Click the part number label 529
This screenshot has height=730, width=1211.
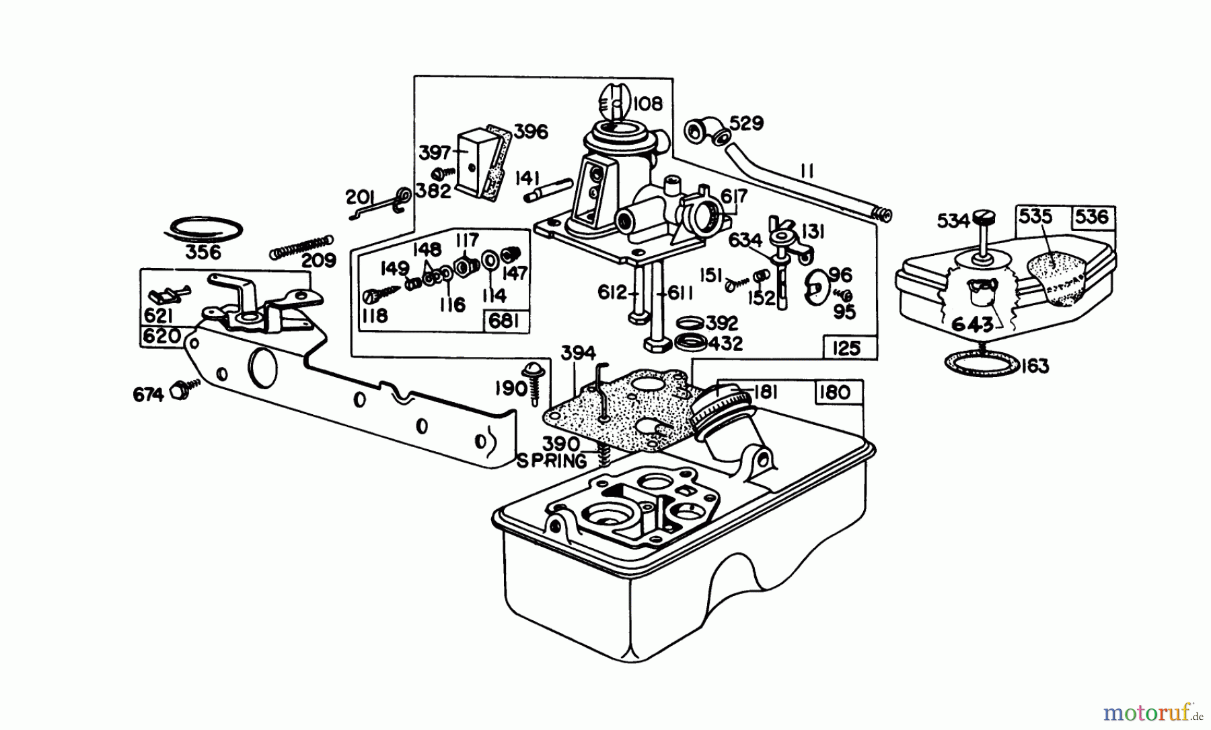tap(745, 124)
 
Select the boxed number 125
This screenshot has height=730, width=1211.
tap(846, 347)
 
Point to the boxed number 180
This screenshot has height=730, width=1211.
tap(835, 392)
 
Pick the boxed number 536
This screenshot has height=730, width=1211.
tap(1091, 216)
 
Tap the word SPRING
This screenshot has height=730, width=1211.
tap(552, 462)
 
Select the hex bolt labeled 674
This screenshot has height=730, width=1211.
tap(180, 391)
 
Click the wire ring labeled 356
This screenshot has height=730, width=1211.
tap(203, 228)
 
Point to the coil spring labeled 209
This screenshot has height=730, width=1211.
tap(301, 246)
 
